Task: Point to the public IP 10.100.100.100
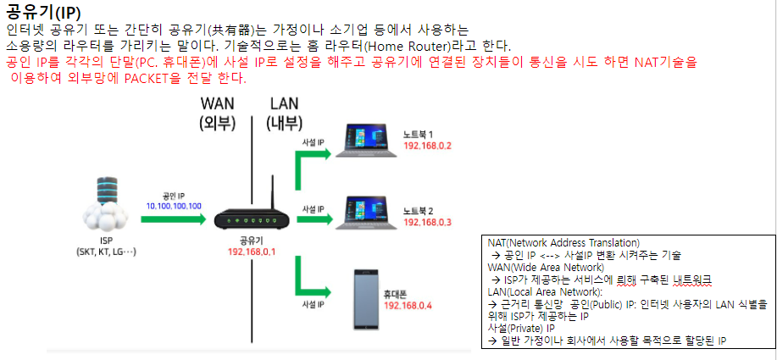tap(174, 206)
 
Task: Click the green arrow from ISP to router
tap(174, 219)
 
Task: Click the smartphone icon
tap(365, 299)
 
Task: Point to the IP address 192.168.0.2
tap(428, 146)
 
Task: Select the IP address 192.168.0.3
tap(428, 222)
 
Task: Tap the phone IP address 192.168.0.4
tap(408, 305)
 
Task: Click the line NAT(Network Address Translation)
tap(563, 242)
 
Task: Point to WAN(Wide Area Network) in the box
tap(546, 267)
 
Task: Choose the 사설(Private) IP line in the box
tap(521, 328)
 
